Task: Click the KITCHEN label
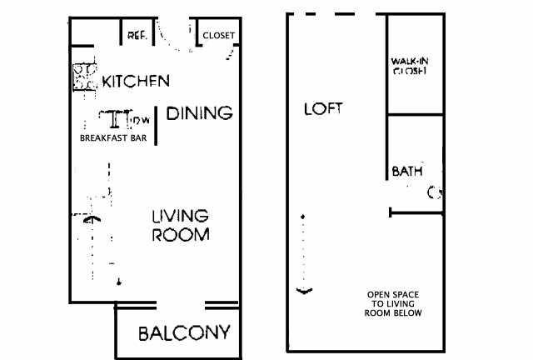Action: pyautogui.click(x=136, y=81)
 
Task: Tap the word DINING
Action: pyautogui.click(x=200, y=113)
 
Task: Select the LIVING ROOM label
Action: pyautogui.click(x=181, y=225)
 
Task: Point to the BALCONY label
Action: pyautogui.click(x=185, y=333)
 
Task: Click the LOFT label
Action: pyautogui.click(x=323, y=108)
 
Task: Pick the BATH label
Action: pyautogui.click(x=407, y=171)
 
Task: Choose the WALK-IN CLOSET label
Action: pyautogui.click(x=410, y=66)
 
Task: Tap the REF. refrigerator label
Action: pyautogui.click(x=137, y=35)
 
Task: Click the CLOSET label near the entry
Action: pyautogui.click(x=218, y=35)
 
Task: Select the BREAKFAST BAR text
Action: pyautogui.click(x=113, y=137)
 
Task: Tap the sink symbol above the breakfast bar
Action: pyautogui.click(x=115, y=119)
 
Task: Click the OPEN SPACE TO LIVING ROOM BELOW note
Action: pyautogui.click(x=393, y=303)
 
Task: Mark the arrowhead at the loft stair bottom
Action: pyautogui.click(x=304, y=291)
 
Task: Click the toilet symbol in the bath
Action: pyautogui.click(x=435, y=193)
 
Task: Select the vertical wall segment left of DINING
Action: pyautogui.click(x=156, y=126)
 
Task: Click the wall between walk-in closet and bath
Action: pyautogui.click(x=416, y=114)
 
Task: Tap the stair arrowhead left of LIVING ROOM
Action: pyautogui.click(x=92, y=219)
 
